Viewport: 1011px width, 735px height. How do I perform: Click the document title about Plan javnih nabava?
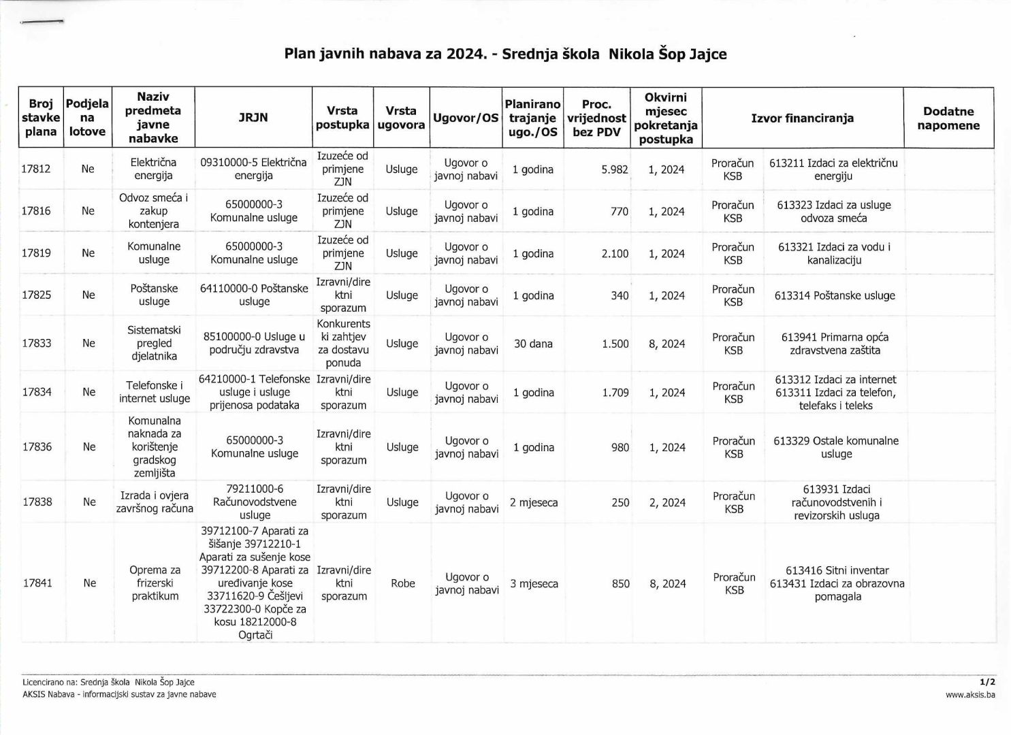[505, 54]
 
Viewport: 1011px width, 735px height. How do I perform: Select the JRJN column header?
[253, 118]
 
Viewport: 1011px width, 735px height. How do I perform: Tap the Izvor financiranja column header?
[802, 118]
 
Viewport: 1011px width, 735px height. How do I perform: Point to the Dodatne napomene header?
[948, 118]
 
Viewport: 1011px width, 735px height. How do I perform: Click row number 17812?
[36, 169]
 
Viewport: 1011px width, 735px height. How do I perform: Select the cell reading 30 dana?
[533, 344]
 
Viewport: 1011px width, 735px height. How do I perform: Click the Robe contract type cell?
[402, 583]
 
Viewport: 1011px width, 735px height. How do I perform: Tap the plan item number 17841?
[37, 583]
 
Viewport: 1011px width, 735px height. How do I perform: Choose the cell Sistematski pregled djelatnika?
[154, 343]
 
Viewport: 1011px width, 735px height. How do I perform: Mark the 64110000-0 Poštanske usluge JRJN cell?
[254, 295]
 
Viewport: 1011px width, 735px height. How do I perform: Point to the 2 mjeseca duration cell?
[534, 502]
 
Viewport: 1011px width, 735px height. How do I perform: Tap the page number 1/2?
[987, 681]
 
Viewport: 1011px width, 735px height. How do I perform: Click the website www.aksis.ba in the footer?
[970, 695]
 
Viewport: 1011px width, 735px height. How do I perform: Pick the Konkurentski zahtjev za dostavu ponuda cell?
[343, 343]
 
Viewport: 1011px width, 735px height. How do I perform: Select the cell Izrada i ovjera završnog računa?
[155, 502]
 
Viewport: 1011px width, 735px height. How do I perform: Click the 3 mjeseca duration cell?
[534, 584]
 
